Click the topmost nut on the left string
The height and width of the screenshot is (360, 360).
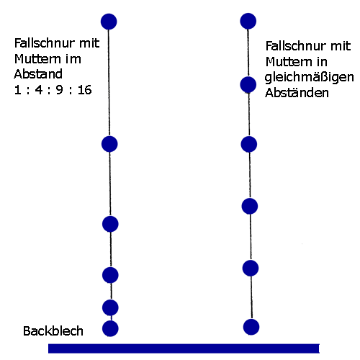click(109, 22)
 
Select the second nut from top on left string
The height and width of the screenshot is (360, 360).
click(109, 144)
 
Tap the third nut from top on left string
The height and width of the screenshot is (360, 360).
click(110, 224)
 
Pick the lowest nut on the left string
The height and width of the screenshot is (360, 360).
click(110, 328)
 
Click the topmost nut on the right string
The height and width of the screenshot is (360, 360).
click(248, 21)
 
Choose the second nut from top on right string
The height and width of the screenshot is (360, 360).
click(248, 85)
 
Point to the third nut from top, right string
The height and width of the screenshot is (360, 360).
click(249, 144)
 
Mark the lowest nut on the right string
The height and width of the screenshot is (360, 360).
click(251, 327)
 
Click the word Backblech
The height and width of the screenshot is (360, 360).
click(53, 331)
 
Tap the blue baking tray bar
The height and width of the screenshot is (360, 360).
click(184, 348)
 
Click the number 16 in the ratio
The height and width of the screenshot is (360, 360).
click(84, 90)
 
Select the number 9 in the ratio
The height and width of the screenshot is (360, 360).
click(60, 90)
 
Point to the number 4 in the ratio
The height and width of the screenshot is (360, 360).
click(39, 90)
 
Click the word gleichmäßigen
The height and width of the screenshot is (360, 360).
click(309, 78)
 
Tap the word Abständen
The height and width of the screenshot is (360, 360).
click(297, 92)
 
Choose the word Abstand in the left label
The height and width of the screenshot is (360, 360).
click(38, 74)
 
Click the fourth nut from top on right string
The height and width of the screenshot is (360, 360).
click(250, 206)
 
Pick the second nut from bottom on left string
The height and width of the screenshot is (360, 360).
click(110, 307)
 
